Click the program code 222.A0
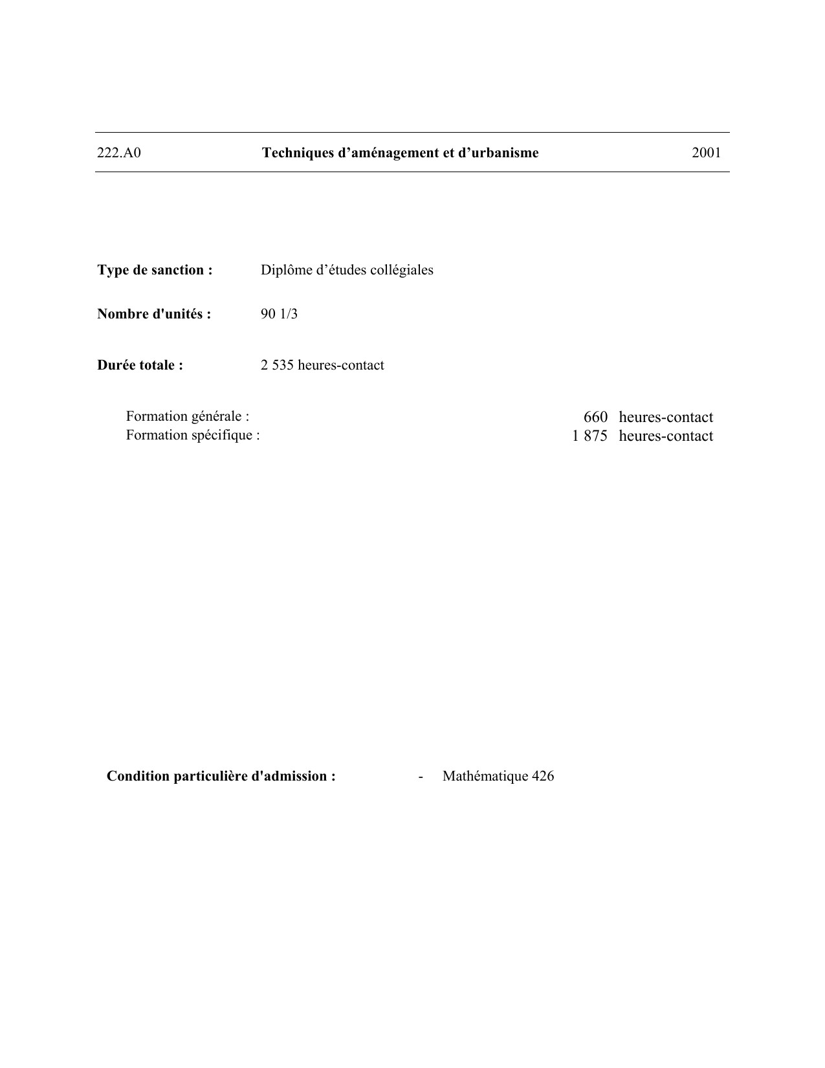[x=119, y=153]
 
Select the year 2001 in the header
[x=706, y=153]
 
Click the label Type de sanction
[x=155, y=270]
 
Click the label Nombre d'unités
[x=154, y=314]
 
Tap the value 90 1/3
[x=279, y=314]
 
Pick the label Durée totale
[x=140, y=365]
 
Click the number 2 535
[x=277, y=365]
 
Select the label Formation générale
[x=188, y=416]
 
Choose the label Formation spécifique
[x=193, y=435]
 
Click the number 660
[x=595, y=417]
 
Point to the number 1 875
[x=589, y=436]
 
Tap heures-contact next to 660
[x=666, y=417]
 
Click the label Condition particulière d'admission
[x=221, y=776]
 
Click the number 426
[x=543, y=776]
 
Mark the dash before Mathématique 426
[x=421, y=776]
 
